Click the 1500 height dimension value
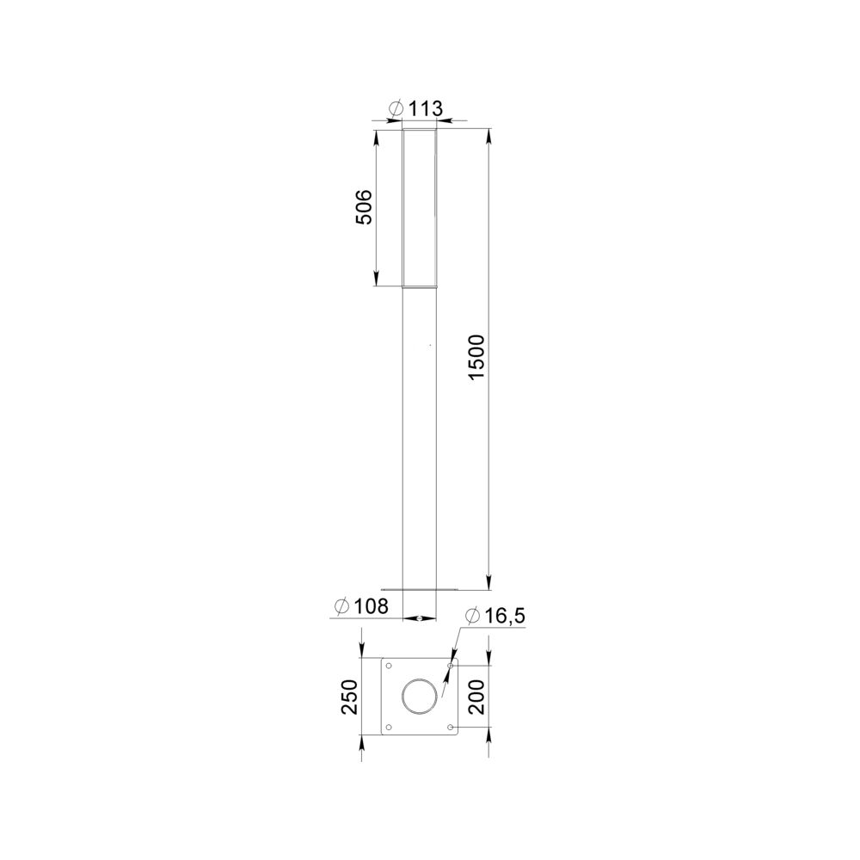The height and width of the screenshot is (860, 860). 477,357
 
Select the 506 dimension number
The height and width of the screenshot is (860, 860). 364,206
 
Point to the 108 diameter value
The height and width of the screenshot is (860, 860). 371,606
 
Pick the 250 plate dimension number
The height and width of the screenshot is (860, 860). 349,697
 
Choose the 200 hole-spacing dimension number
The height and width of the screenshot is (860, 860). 477,697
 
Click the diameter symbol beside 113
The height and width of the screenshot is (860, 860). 396,108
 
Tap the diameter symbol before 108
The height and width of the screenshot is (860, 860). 341,606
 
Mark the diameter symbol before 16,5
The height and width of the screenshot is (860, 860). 472,617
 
